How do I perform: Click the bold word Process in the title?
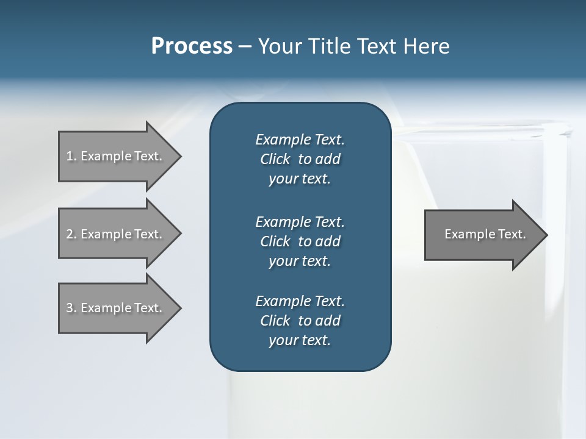tap(191, 46)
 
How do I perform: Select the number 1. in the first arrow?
tap(71, 156)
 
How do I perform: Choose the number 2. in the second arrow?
tap(71, 234)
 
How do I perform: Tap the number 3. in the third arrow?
tap(71, 308)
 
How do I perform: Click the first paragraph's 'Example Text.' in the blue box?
tap(300, 140)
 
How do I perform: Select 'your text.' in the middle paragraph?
tap(300, 261)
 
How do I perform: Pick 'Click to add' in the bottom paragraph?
tap(300, 321)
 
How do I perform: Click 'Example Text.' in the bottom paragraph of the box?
tap(300, 301)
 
